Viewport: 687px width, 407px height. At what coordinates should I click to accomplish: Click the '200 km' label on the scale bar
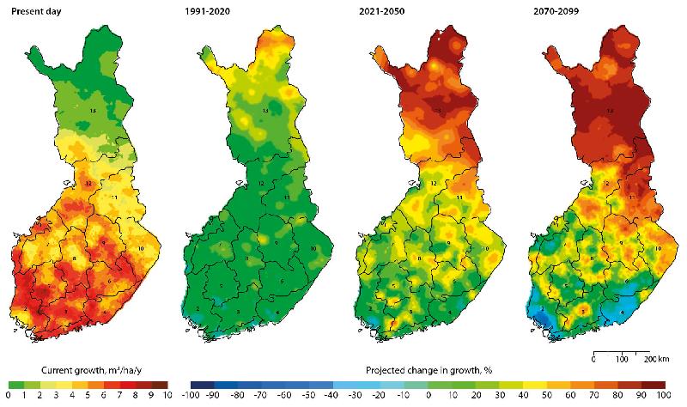click(x=657, y=357)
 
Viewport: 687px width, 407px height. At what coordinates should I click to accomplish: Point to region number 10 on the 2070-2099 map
click(x=658, y=248)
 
